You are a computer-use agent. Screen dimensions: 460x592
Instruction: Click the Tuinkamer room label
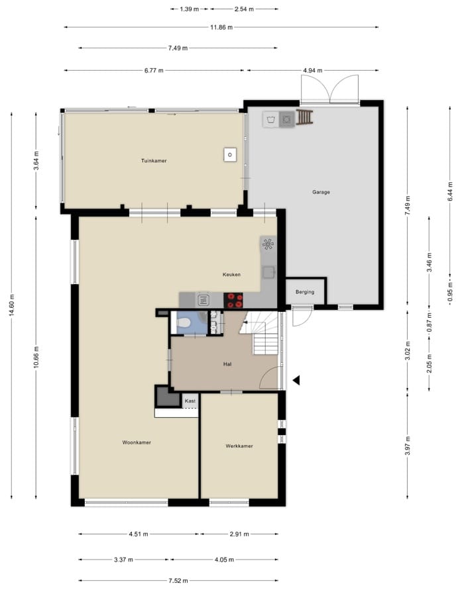pyautogui.click(x=154, y=161)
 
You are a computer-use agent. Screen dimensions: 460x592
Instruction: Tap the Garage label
pyautogui.click(x=321, y=192)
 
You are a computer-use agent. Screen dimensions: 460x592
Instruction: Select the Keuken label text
pyautogui.click(x=231, y=275)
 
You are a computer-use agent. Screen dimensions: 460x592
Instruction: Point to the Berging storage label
pyautogui.click(x=305, y=292)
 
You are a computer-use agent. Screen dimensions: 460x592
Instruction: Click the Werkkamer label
pyautogui.click(x=239, y=446)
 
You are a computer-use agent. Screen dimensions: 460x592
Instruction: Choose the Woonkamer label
pyautogui.click(x=137, y=442)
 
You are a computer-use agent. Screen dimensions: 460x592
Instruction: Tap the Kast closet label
pyautogui.click(x=190, y=401)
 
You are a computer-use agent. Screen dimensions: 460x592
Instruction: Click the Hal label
pyautogui.click(x=227, y=364)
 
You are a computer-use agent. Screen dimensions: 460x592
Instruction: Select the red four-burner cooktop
pyautogui.click(x=233, y=301)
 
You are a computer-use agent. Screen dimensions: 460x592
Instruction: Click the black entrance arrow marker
pyautogui.click(x=296, y=380)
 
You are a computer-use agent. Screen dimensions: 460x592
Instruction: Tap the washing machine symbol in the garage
pyautogui.click(x=271, y=120)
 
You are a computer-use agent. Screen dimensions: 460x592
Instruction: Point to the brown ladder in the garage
pyautogui.click(x=304, y=117)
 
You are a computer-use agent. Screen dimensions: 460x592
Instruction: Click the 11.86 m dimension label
pyautogui.click(x=221, y=27)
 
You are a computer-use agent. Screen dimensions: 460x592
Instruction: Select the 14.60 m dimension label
pyautogui.click(x=12, y=305)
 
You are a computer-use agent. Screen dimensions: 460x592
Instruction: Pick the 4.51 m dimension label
pyautogui.click(x=139, y=534)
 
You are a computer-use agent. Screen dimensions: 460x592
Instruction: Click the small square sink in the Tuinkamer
pyautogui.click(x=230, y=154)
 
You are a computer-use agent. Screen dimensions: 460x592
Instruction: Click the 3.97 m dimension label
pyautogui.click(x=408, y=446)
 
